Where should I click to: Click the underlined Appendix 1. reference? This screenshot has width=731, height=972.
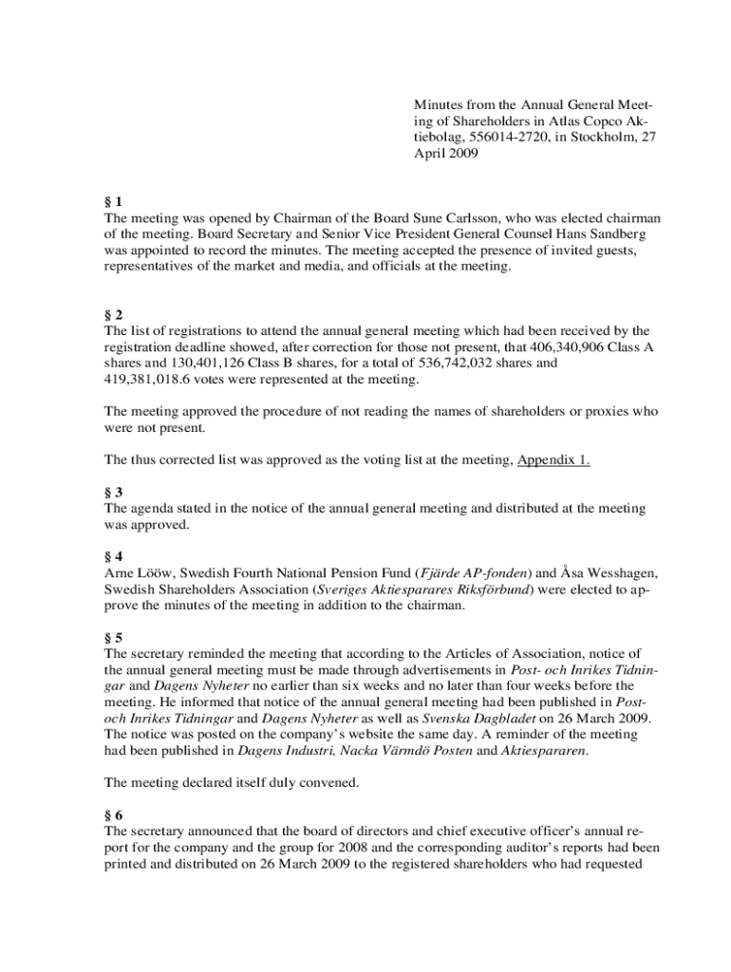point(553,460)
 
